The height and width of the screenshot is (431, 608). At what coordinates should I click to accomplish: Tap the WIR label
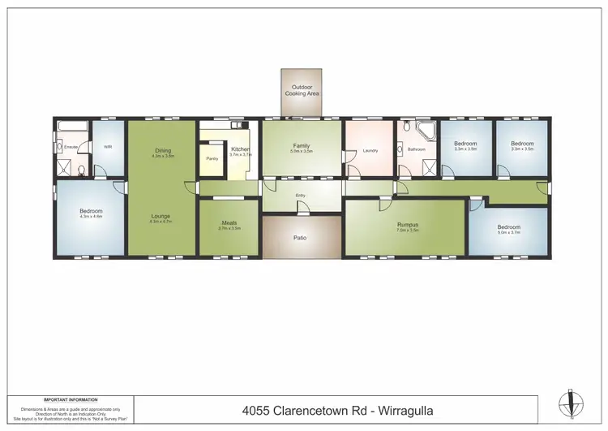[108, 147]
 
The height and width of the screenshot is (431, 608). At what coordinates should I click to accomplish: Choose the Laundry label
[370, 150]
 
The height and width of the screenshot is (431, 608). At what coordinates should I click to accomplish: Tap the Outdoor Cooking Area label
[302, 90]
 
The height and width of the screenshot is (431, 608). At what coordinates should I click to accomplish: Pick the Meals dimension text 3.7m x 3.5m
[230, 229]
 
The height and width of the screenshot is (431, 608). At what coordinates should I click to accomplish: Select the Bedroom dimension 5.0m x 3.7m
[509, 232]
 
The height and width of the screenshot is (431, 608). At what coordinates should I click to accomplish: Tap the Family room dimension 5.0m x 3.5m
[302, 151]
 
